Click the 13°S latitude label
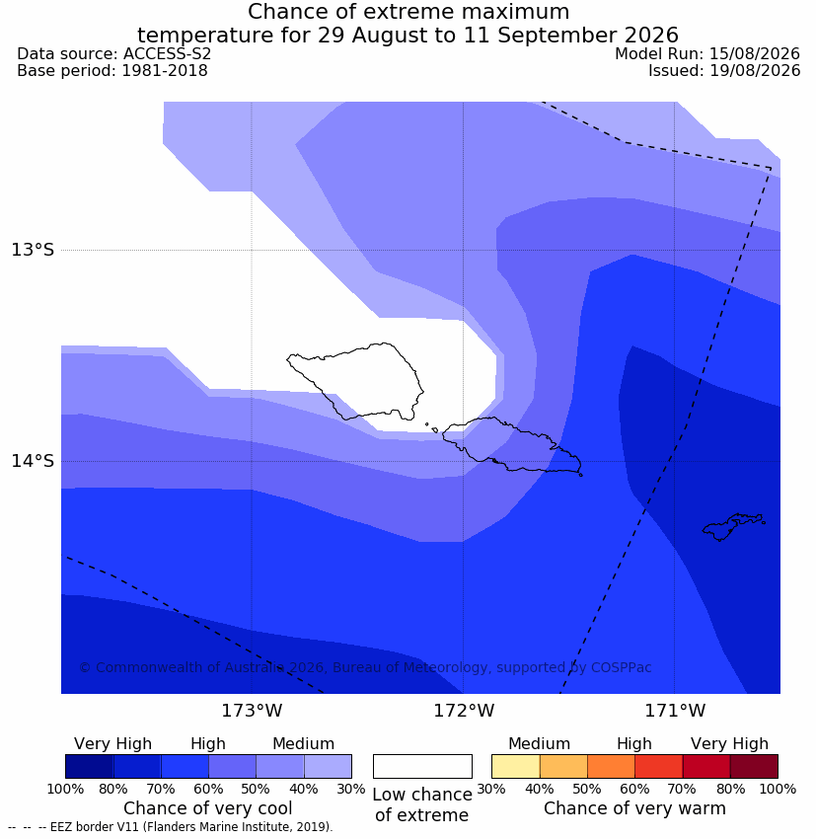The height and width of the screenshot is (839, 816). [x=33, y=250]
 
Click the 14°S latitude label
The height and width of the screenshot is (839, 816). [x=33, y=461]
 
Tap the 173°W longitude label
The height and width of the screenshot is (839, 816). [x=252, y=711]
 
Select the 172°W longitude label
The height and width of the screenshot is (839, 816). [x=463, y=711]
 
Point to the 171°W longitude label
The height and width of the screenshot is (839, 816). [x=675, y=711]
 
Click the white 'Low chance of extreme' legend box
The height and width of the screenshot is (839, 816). [x=422, y=766]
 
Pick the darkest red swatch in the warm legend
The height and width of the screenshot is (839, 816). [x=754, y=766]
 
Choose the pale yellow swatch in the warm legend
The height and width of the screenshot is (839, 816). [x=515, y=766]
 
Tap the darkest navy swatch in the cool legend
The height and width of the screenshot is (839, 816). [x=90, y=766]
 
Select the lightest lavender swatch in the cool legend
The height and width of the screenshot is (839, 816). [x=328, y=766]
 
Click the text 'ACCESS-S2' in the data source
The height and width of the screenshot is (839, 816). [x=167, y=54]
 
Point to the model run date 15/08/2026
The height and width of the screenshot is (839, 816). [x=755, y=54]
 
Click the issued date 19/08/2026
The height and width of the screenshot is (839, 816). [x=755, y=71]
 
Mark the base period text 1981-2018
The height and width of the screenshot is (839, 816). [x=165, y=71]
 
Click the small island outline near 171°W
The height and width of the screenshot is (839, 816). [x=733, y=526]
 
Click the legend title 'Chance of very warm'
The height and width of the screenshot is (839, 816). [x=634, y=808]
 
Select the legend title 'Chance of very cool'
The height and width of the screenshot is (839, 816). [x=208, y=808]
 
